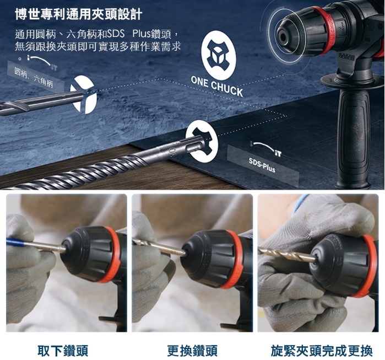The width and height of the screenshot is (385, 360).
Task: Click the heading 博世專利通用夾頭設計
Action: point(79,14)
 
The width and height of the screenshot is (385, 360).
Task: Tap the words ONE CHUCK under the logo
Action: point(217,86)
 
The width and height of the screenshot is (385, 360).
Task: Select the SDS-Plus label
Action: point(262,165)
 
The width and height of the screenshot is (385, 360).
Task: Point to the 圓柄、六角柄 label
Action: point(34,77)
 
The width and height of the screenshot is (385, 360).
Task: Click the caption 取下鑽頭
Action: point(63,351)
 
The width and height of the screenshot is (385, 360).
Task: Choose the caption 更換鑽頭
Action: point(192,351)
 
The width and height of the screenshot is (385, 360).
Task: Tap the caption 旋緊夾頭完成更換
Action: point(322,351)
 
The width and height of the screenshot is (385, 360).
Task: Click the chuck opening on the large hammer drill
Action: point(283,37)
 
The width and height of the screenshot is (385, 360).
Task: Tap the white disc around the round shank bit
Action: point(84,94)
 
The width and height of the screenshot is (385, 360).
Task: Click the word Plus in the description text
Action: point(141,34)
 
